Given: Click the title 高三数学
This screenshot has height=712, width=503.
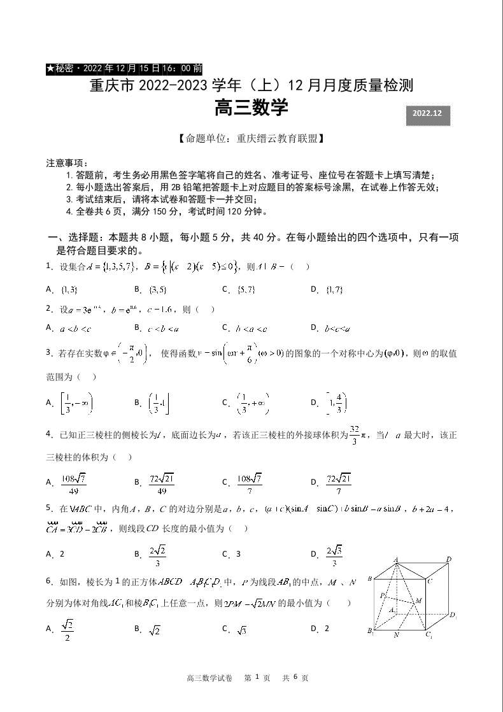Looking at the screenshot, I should point(251,109).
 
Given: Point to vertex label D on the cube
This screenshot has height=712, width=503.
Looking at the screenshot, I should point(449,559).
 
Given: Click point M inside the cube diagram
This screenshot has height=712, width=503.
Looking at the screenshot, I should point(418,601).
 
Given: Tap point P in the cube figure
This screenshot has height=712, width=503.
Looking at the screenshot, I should point(382,596).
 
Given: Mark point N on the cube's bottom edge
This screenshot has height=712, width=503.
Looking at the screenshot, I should point(396,635).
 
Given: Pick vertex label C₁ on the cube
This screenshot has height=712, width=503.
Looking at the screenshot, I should point(430,635).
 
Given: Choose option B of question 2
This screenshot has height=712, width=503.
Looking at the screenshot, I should point(162,328).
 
